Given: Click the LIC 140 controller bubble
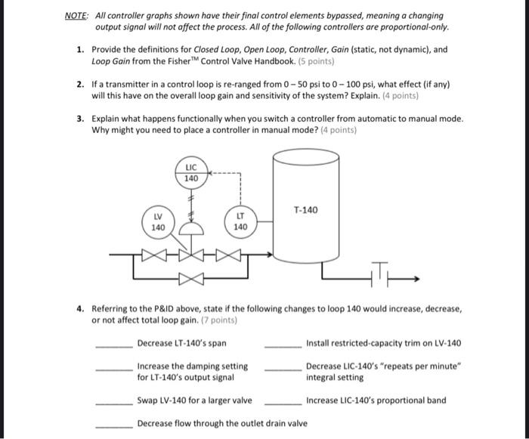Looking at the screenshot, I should [x=191, y=172].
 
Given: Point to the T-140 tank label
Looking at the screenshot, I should [x=305, y=209].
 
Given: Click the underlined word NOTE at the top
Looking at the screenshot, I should [x=76, y=15].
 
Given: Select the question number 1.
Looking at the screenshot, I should [x=79, y=49].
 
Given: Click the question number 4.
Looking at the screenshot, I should [x=79, y=309].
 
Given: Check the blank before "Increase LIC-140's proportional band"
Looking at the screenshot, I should [x=283, y=403].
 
